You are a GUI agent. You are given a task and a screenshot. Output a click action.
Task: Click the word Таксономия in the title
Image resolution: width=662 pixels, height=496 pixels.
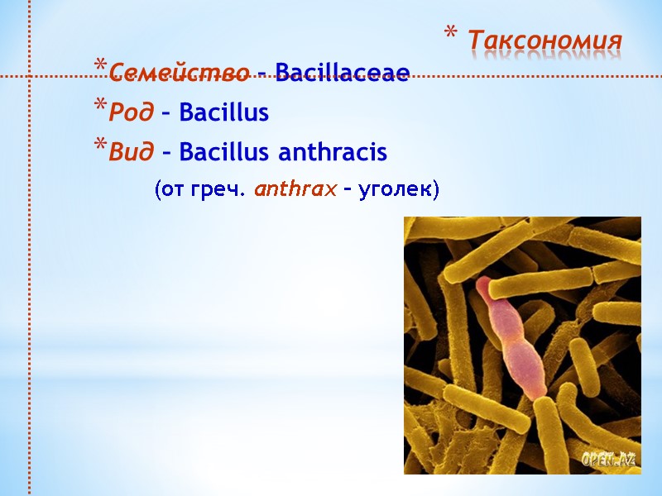(544, 40)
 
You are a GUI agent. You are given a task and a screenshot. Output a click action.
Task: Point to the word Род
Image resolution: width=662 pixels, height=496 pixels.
(130, 112)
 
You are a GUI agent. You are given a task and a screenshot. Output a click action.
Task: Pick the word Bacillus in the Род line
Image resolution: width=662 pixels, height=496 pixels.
(223, 112)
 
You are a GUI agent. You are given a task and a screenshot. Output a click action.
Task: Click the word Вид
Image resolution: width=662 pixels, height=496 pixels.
(131, 153)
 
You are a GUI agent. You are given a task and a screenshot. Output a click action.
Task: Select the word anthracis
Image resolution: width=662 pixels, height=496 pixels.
(332, 153)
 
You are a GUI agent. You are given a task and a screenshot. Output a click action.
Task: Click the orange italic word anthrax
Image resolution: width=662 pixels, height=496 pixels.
(295, 190)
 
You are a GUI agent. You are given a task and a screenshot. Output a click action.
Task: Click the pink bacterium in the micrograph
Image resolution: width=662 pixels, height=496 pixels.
(520, 355)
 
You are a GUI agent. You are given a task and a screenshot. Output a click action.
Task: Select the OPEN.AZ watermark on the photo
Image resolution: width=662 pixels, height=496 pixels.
(608, 460)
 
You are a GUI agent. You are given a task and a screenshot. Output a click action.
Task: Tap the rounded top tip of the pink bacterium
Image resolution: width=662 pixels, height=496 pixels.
(483, 284)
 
